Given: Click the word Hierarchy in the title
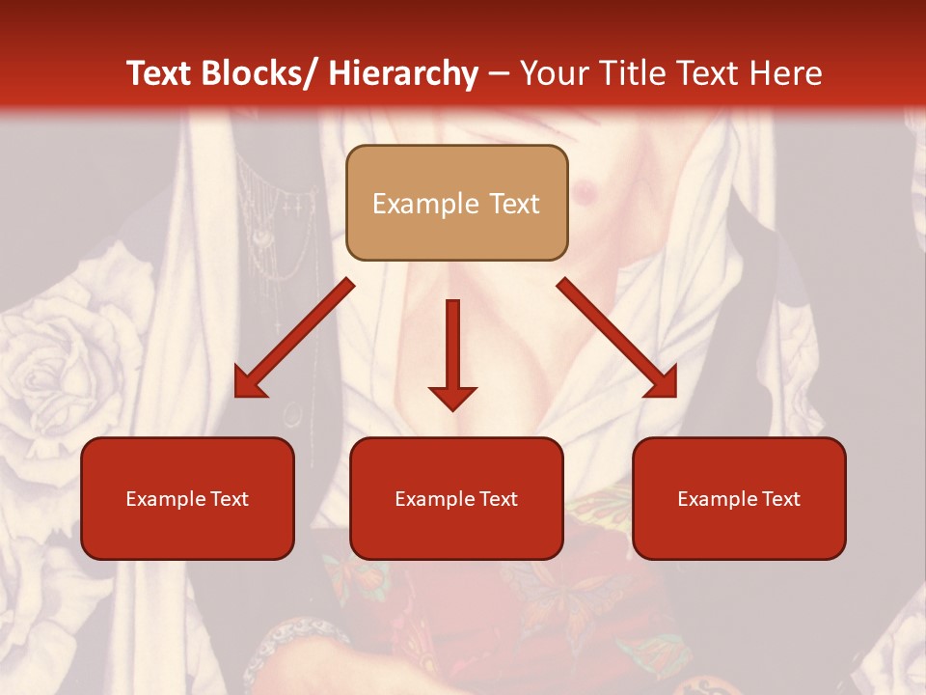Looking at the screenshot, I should point(402,73).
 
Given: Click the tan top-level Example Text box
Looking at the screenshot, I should point(456,203).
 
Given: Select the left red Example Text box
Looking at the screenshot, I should point(187,498).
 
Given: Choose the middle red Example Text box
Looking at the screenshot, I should point(456,498).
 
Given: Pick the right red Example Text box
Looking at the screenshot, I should point(739,498).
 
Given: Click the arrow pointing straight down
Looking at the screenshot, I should point(452,347).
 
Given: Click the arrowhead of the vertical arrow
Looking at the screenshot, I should point(452,398).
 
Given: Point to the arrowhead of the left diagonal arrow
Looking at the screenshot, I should point(249,383).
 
